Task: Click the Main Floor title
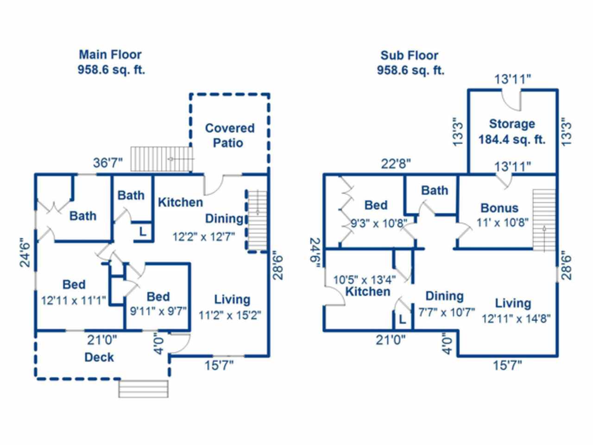coord(110,55)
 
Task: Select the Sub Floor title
coord(410,56)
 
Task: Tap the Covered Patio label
coord(230,135)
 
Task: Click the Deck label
coord(99,357)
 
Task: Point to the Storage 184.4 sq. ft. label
coord(512,132)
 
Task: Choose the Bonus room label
coord(499,208)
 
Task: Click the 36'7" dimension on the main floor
coord(108,163)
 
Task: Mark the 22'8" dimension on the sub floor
coord(396,164)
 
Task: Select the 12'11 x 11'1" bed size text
coord(74,300)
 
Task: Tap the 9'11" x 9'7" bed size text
coord(158,311)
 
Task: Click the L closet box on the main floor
coord(143,232)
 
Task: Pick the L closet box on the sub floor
coord(402,319)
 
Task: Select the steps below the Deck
coord(144,388)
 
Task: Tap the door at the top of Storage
coord(512,98)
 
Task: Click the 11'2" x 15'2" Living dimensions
coord(230,316)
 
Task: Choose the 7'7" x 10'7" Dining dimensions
coord(447,312)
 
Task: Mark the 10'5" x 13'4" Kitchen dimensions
coord(365,280)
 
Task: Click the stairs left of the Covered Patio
coord(162,159)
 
